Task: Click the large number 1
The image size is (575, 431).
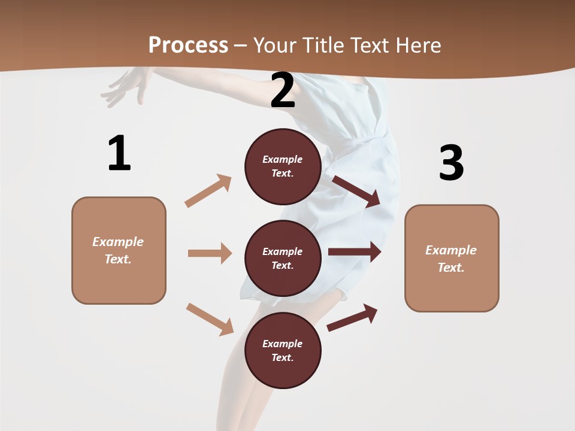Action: (x=119, y=153)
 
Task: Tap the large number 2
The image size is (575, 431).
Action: (x=283, y=91)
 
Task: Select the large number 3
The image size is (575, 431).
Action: (x=451, y=163)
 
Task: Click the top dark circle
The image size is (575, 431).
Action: (x=283, y=166)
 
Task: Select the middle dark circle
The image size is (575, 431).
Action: (x=283, y=258)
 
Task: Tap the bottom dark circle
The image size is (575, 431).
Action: (x=283, y=350)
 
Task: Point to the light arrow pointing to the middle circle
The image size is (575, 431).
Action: (x=210, y=253)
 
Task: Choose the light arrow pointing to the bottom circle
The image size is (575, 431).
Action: (x=210, y=318)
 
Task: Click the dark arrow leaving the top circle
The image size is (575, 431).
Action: (x=357, y=191)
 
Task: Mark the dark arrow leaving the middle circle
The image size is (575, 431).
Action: (x=355, y=252)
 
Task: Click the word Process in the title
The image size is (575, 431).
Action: (x=188, y=45)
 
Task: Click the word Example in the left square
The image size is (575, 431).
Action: (x=118, y=242)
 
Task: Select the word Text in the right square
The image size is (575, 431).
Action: (x=450, y=268)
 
